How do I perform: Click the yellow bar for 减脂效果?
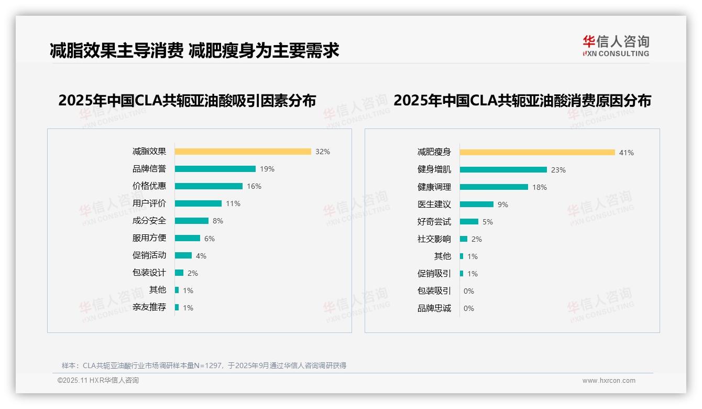point(243,152)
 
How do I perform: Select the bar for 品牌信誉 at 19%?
point(215,169)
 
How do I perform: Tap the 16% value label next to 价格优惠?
point(254,186)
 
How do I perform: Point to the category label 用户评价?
point(149,203)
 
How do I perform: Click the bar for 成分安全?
point(191,221)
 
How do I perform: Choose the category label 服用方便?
point(149,238)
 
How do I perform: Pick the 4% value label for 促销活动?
point(201,256)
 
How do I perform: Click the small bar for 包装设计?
point(179,273)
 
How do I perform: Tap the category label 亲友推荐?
point(149,307)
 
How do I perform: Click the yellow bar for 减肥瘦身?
point(537,153)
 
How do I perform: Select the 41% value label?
point(627,153)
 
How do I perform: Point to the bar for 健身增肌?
point(503,170)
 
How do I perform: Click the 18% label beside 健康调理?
point(540,187)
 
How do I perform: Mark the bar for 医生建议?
point(476,204)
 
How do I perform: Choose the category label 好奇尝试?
point(434,222)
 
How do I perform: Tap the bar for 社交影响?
point(464,239)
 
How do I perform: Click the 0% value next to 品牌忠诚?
point(469,308)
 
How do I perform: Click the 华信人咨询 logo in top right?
point(616,46)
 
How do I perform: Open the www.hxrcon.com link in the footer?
point(609,381)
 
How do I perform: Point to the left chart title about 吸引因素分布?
point(187,101)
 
